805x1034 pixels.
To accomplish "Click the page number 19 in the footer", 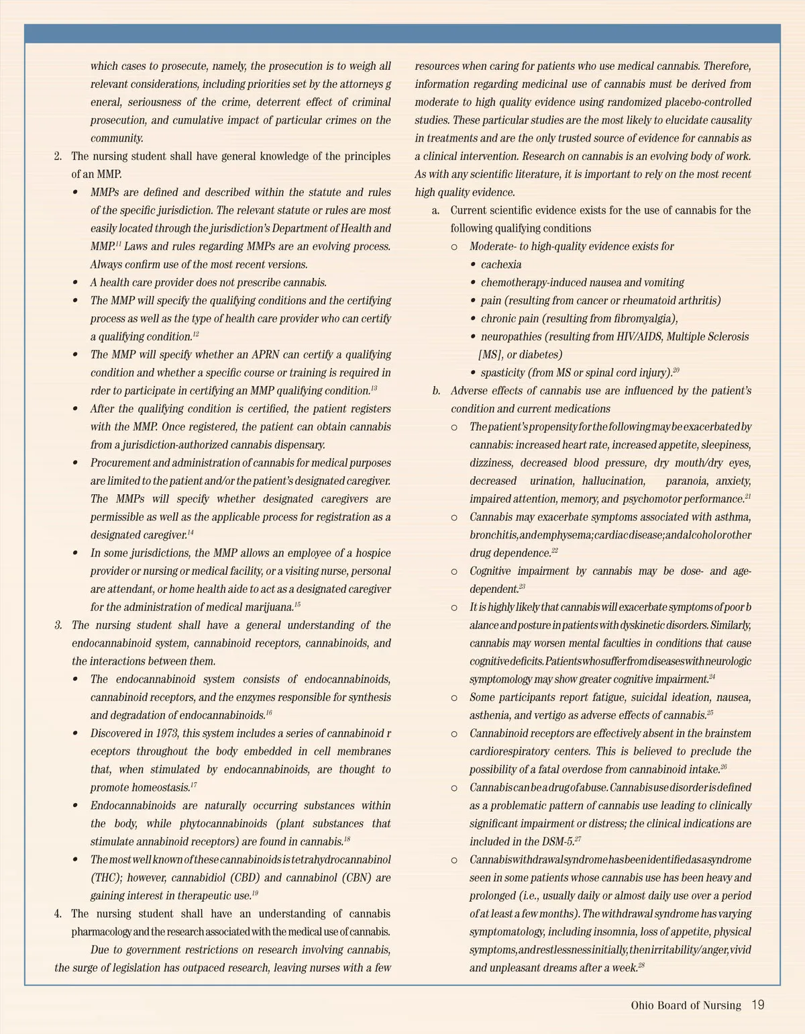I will pos(757,1005).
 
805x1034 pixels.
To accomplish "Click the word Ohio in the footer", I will pos(642,1005).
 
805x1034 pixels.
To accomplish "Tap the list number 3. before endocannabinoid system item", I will pos(59,625).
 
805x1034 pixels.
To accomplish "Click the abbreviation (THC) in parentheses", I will pos(105,878).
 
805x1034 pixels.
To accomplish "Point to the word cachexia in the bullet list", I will pos(501,265).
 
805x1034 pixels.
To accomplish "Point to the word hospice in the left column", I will pos(374,553).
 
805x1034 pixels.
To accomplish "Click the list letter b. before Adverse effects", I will pos(437,391).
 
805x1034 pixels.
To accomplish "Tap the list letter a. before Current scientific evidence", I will pos(436,210).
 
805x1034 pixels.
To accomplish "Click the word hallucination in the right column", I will pos(613,481).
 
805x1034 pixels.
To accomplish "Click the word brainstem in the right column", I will pos(728,733).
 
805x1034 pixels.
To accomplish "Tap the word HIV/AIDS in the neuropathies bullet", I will pos(639,337).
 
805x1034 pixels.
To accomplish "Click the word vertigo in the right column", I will pos(549,715).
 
